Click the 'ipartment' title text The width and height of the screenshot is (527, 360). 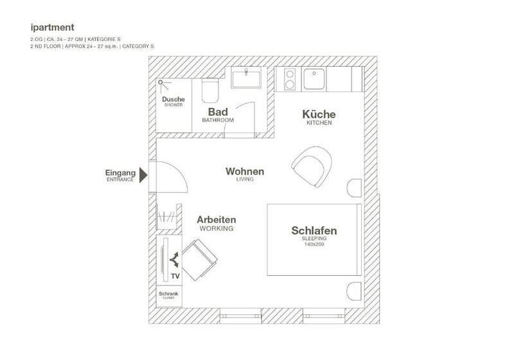coord(53,27)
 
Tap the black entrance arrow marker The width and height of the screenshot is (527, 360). coord(144,174)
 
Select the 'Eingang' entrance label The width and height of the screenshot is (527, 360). coord(120,173)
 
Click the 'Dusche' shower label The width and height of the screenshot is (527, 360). coord(174,100)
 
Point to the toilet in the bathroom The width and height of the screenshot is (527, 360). coord(210,91)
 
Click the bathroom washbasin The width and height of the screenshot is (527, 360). coord(246,80)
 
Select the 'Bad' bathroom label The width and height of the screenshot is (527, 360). coord(217,112)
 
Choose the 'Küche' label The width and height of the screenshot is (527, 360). coord(319,114)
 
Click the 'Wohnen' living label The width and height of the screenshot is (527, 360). coord(244,172)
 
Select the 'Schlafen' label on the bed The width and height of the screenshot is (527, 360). coord(314,231)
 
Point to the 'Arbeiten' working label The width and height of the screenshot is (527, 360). coord(216,219)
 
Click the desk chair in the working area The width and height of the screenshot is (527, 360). coord(201,259)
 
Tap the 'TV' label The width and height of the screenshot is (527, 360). coord(175,276)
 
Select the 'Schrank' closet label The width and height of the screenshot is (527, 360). coord(168,294)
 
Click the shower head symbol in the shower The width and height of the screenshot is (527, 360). coord(161,83)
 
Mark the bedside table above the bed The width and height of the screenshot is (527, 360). coord(355,188)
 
